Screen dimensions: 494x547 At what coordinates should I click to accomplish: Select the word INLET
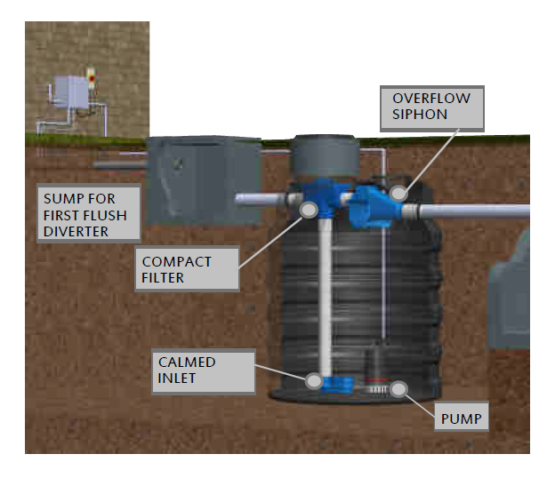click(178, 378)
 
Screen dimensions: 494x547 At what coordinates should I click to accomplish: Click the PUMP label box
click(462, 418)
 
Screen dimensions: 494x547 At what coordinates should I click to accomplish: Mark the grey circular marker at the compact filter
click(310, 209)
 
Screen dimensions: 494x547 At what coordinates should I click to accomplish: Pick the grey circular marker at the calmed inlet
click(314, 380)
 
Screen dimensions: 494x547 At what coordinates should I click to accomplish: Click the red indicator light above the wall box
click(91, 78)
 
